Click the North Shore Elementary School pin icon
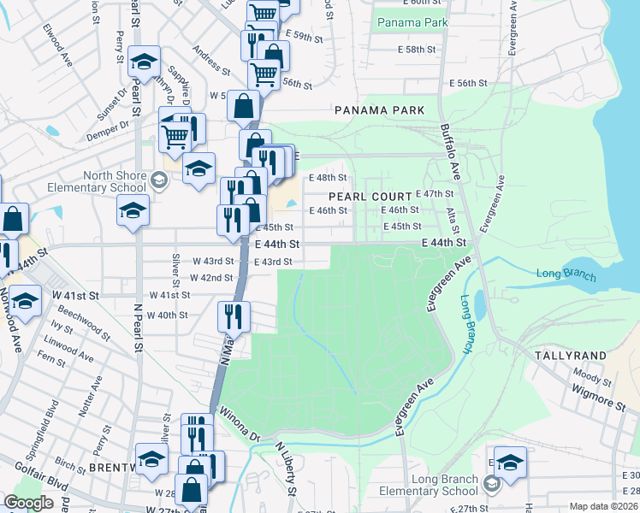tap(158, 180)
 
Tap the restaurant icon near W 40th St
tap(234, 316)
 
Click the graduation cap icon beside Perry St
tap(145, 61)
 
